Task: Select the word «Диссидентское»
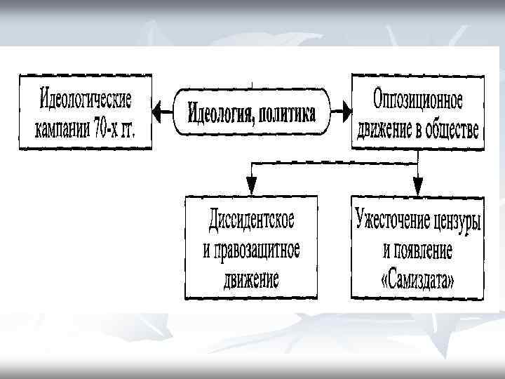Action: pyautogui.click(x=251, y=218)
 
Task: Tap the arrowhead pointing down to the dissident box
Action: pyautogui.click(x=250, y=186)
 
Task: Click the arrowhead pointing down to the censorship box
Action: pyautogui.click(x=417, y=186)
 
